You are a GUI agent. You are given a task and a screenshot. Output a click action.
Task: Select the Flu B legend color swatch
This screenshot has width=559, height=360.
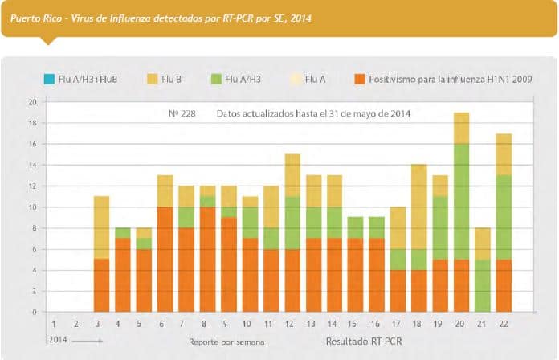[x=152, y=79]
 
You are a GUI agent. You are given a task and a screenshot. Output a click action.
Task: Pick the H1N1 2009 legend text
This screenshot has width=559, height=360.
[x=450, y=79]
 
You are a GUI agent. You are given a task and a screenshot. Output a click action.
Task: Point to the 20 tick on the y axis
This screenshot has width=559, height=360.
[x=32, y=102]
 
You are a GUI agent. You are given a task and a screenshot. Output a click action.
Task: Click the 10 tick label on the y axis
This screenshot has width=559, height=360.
[x=32, y=207]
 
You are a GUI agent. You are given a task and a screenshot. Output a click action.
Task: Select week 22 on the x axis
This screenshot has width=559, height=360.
[x=504, y=323]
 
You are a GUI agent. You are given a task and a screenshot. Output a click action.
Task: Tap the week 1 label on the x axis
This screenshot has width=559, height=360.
[x=54, y=323]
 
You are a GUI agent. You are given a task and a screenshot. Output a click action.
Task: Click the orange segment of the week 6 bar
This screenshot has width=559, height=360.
[x=165, y=259]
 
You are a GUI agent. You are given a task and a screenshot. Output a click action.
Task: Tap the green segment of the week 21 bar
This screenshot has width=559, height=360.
[x=483, y=285]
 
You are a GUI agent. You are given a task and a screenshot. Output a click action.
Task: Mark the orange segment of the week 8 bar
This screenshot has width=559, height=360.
[x=208, y=259]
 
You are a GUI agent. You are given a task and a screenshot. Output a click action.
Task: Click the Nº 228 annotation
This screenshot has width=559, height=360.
[x=182, y=113]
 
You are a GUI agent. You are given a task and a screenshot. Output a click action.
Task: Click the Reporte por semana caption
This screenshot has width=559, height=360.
[x=226, y=342]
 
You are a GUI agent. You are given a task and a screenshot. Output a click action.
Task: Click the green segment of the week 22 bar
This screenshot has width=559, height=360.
[x=504, y=217]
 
